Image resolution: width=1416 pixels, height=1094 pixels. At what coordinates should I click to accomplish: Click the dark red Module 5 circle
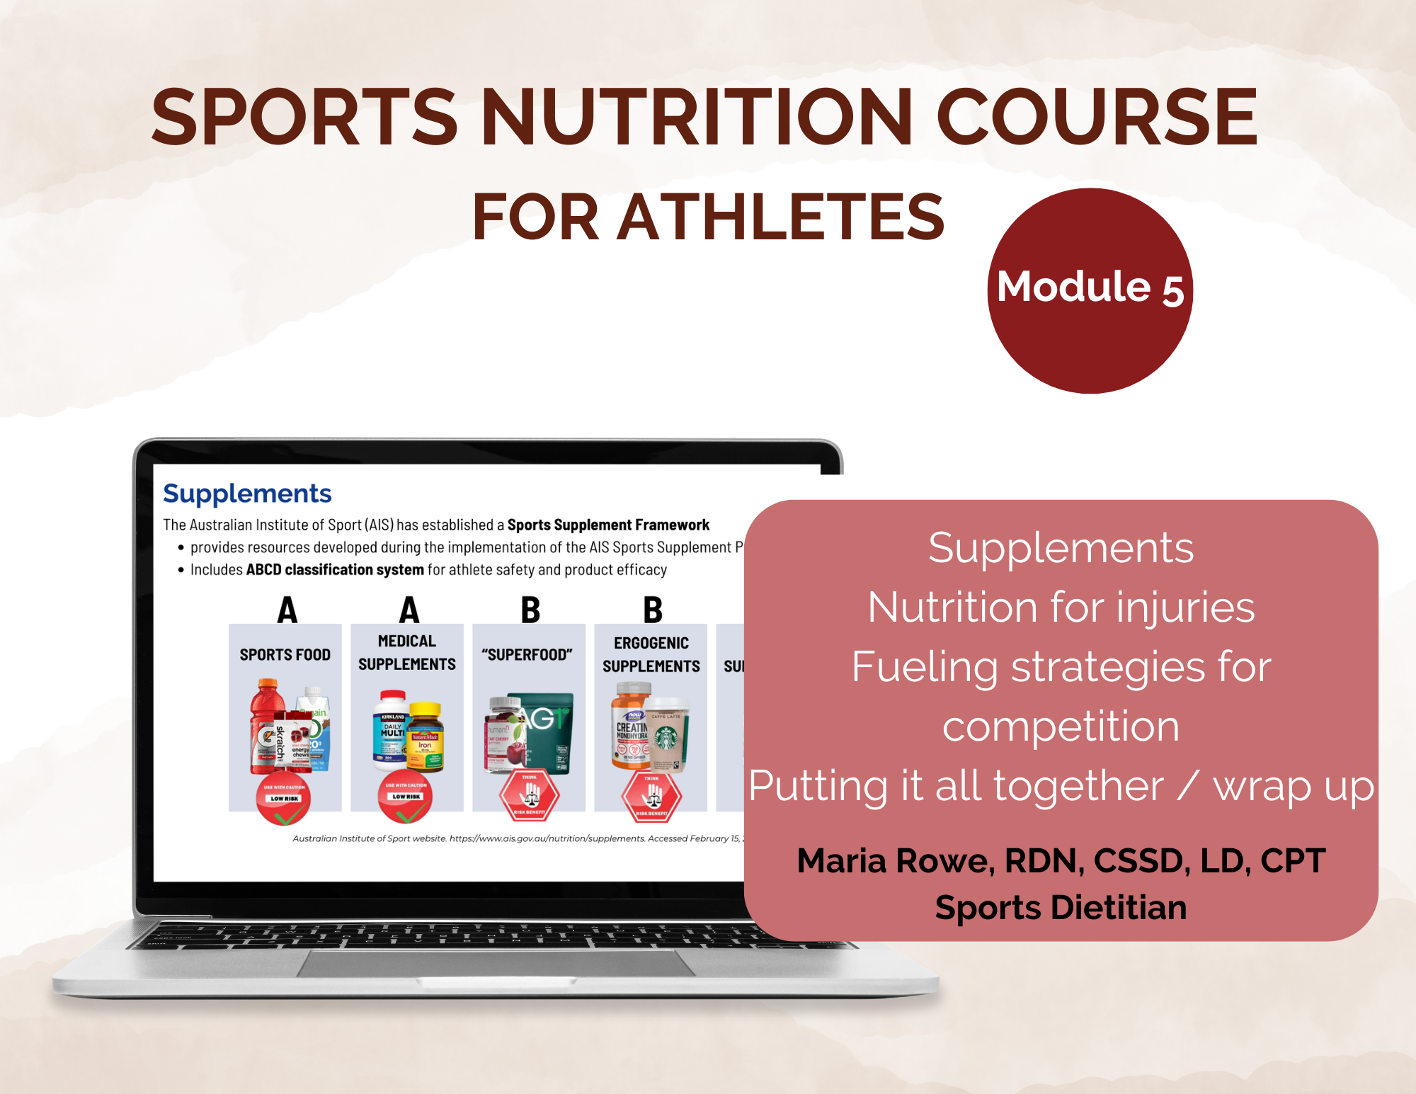tap(1090, 290)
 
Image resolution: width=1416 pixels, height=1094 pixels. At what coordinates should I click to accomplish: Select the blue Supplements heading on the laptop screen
tap(247, 494)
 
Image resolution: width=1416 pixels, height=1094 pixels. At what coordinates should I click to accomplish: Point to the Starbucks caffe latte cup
tap(666, 733)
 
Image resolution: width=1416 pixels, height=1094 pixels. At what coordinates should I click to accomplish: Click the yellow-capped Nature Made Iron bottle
tap(426, 736)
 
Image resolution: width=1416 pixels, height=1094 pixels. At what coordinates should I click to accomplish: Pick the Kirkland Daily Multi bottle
tap(392, 729)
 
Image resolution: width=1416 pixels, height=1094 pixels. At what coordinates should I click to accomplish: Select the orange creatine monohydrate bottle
tap(630, 726)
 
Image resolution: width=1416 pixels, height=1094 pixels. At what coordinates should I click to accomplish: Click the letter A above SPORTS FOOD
tap(287, 610)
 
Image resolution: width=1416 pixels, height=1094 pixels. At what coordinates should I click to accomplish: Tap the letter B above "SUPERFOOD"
tap(530, 610)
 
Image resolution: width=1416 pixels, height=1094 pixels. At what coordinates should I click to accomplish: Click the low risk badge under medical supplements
tap(406, 797)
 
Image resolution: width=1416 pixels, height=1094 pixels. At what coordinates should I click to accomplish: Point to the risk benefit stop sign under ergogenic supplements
tap(651, 796)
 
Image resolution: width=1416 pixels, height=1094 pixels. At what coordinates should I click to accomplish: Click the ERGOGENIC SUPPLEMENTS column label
tap(651, 654)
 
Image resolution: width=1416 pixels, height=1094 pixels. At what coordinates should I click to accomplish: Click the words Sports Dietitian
tap(1061, 908)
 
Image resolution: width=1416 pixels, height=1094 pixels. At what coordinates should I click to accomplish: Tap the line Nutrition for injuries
tap(1061, 608)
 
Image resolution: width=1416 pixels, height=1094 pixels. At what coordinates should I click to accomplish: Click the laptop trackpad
tap(496, 963)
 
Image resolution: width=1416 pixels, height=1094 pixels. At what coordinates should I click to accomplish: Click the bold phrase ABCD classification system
tap(335, 570)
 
